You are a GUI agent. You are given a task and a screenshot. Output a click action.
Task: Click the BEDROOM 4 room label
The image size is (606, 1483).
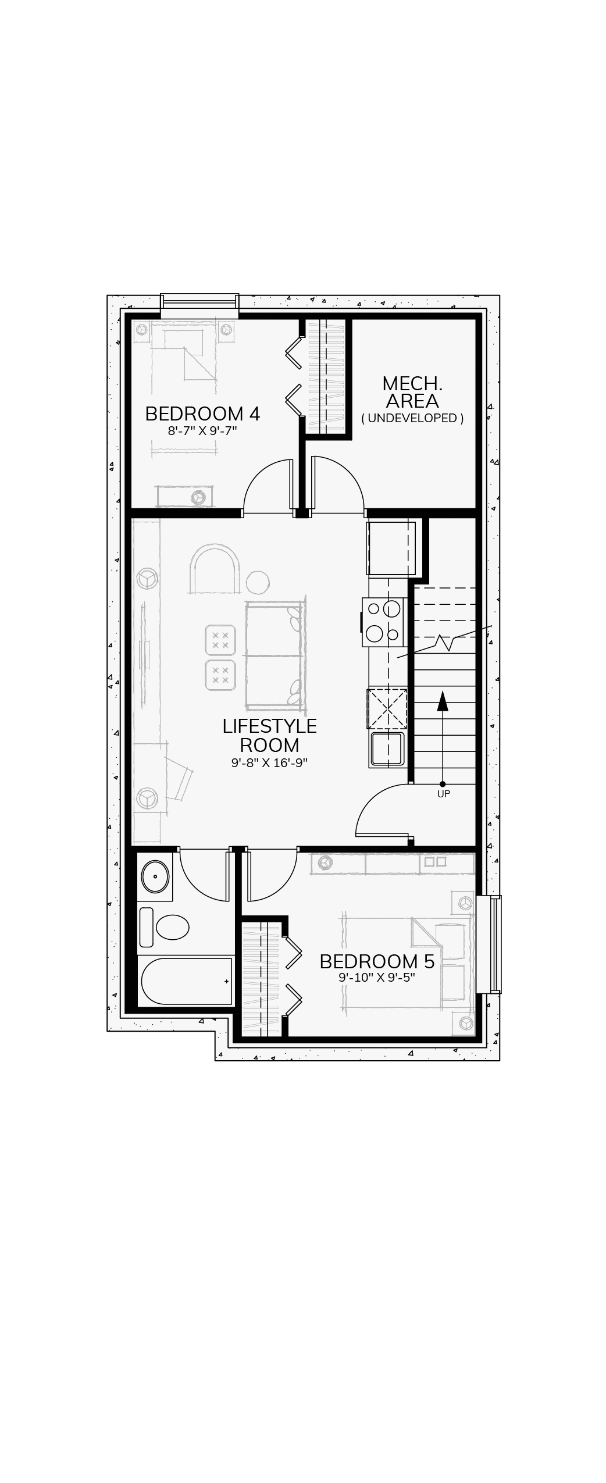(x=202, y=413)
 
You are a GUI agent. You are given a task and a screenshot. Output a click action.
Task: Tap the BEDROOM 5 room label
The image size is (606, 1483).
(x=377, y=961)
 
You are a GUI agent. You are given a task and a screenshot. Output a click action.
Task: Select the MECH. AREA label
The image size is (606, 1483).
(x=412, y=392)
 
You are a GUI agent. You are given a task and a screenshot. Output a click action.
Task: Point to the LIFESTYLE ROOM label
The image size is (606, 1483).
(x=269, y=735)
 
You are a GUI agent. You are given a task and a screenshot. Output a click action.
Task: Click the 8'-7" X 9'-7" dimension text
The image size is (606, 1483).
(x=202, y=431)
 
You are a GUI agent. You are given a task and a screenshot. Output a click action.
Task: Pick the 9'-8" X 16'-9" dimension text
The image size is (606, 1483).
(x=269, y=762)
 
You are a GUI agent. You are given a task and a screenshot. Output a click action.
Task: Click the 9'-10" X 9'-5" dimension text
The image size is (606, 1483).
(x=377, y=978)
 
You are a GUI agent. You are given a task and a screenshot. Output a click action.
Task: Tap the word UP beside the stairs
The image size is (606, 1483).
(x=444, y=794)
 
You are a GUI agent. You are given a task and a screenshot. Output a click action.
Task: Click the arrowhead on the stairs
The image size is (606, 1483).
(x=443, y=701)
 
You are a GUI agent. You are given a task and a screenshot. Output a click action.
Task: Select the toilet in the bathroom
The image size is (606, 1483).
(x=165, y=927)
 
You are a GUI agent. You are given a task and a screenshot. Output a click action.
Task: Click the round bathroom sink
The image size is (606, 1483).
(x=155, y=877)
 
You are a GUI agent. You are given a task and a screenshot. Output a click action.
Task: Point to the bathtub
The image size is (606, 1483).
(x=186, y=981)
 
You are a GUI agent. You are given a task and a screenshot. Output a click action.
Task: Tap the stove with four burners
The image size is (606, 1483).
(x=383, y=622)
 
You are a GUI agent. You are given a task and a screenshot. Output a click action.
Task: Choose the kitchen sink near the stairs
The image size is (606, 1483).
(x=387, y=749)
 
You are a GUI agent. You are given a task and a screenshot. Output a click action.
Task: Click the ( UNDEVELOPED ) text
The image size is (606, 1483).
(x=412, y=418)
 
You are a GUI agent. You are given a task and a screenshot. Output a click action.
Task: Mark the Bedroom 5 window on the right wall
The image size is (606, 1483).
(x=489, y=944)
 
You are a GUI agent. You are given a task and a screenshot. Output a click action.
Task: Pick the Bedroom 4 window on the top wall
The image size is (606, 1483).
(x=199, y=305)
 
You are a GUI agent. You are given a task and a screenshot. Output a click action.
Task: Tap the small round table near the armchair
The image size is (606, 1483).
(x=258, y=582)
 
